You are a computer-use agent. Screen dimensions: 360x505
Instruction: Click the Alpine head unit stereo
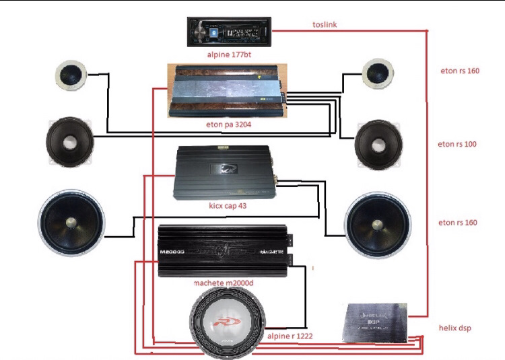point(229,30)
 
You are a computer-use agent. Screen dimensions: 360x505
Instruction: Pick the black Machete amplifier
point(225,251)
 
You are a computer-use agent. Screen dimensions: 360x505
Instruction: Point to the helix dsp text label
point(457,328)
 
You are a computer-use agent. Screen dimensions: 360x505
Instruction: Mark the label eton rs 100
point(457,144)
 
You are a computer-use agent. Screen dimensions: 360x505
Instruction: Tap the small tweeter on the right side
point(376,73)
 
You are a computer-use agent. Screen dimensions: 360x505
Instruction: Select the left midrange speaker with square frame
point(69,142)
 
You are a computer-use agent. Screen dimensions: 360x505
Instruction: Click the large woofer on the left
point(71,224)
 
